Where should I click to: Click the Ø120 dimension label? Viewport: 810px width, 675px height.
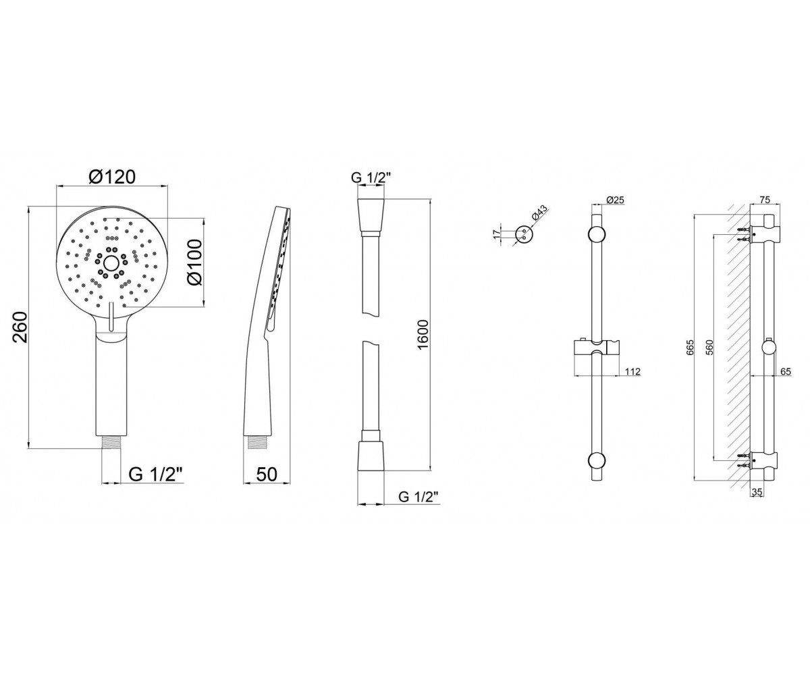point(112,177)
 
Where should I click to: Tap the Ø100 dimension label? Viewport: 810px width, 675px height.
point(194,263)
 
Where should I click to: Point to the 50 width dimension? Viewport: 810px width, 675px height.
point(267,474)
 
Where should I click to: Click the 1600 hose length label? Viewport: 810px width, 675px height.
point(423,334)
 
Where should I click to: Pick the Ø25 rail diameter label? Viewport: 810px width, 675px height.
point(614,200)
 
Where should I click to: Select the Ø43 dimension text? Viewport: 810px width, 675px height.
point(540,214)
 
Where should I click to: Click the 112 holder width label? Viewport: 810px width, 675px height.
point(632,372)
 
